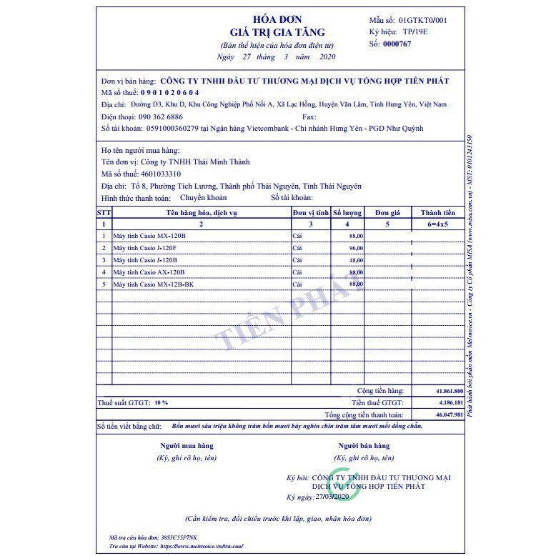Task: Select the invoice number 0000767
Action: (x=397, y=44)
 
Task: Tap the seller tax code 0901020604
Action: (x=169, y=92)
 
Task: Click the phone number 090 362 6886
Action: (x=162, y=116)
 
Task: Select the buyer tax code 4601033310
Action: (x=161, y=174)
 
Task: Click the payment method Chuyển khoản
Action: (x=203, y=198)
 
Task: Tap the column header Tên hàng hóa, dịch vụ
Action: (x=201, y=213)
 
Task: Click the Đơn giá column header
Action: (x=387, y=213)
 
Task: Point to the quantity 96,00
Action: (x=355, y=248)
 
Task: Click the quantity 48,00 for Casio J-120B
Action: (x=355, y=260)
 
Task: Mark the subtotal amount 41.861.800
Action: (x=449, y=392)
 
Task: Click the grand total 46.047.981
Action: (x=449, y=414)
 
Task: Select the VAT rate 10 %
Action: (x=161, y=403)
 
